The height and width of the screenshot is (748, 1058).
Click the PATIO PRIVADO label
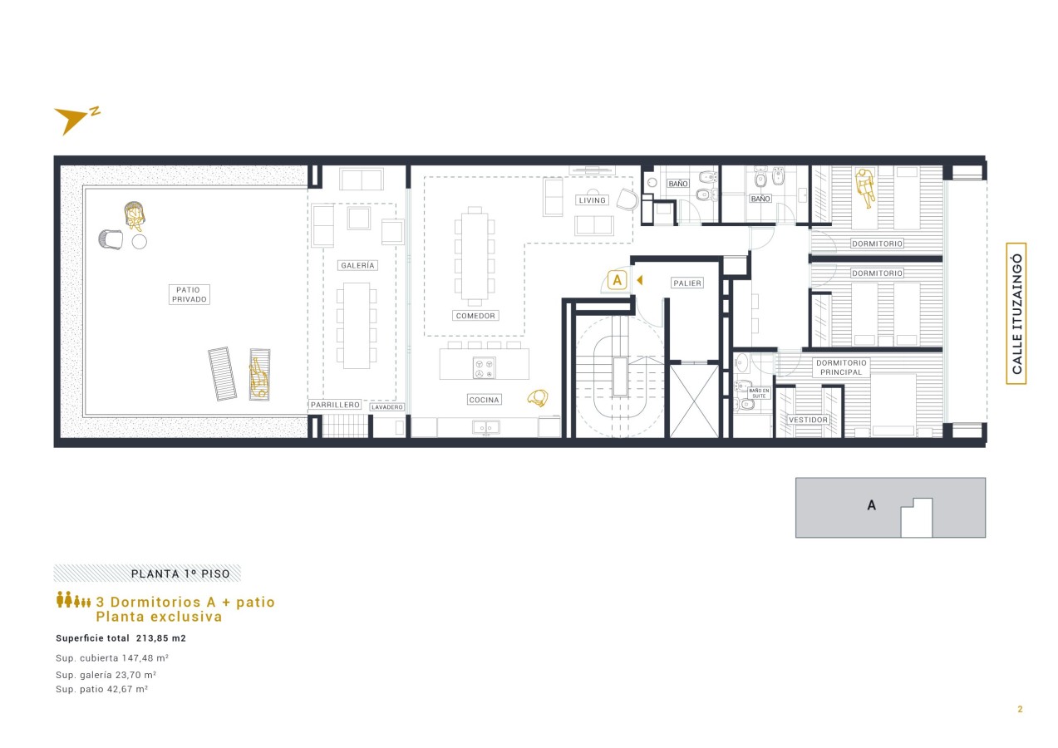pyautogui.click(x=189, y=295)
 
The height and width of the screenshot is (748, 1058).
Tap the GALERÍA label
pyautogui.click(x=357, y=265)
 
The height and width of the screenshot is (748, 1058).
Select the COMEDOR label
pyautogui.click(x=475, y=316)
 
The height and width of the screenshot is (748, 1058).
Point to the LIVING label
pyautogui.click(x=592, y=200)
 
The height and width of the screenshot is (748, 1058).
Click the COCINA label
pyautogui.click(x=485, y=400)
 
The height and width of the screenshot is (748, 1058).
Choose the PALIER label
pyautogui.click(x=687, y=283)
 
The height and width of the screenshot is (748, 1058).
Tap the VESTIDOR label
pyautogui.click(x=808, y=420)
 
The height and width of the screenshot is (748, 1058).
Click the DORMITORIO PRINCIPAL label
pyautogui.click(x=841, y=367)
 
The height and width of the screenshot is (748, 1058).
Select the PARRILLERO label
pyautogui.click(x=335, y=405)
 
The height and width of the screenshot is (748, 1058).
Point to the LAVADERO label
pyautogui.click(x=386, y=407)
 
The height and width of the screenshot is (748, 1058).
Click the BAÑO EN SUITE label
pyautogui.click(x=759, y=393)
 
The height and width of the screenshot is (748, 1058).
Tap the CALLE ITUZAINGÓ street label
pyautogui.click(x=1016, y=313)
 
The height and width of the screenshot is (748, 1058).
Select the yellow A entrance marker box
pyautogui.click(x=617, y=281)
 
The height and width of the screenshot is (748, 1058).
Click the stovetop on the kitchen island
pyautogui.click(x=485, y=368)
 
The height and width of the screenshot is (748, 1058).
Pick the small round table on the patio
pyautogui.click(x=140, y=242)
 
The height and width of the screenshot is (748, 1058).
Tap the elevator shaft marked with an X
pyautogui.click(x=694, y=401)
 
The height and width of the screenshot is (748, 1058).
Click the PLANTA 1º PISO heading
pyautogui.click(x=180, y=574)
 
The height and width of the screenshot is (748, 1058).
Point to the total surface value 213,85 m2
pyautogui.click(x=161, y=638)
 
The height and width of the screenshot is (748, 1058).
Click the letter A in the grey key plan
pyautogui.click(x=872, y=505)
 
